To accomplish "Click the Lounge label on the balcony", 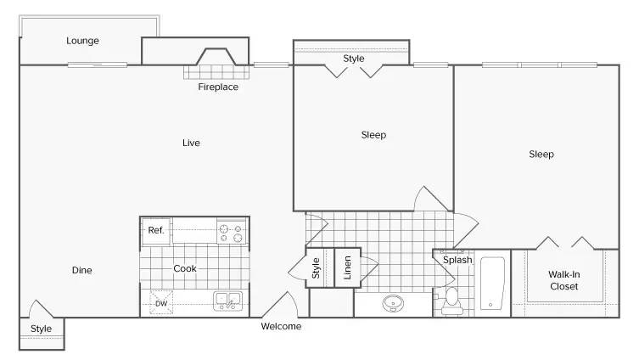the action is point(82,41).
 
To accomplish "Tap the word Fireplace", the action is point(218,87).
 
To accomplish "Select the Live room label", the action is point(191,143).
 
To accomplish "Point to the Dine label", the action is point(82,270).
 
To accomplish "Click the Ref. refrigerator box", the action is point(156,231).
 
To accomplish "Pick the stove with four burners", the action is point(231,233).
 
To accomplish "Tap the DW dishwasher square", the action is point(161,302).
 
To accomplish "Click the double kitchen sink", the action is point(227,301).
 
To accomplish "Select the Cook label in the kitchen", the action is point(185,268).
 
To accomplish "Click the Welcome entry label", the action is point(281,326).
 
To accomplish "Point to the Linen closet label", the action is point(347,267).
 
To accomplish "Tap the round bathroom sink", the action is point(393,303).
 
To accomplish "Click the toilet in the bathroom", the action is point(452,301).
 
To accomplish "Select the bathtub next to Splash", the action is point(492,284).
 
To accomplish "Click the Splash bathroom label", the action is point(457,260).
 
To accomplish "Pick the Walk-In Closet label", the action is point(564,280).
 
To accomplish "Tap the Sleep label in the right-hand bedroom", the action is point(541,155).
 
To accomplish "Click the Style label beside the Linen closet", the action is point(316,268).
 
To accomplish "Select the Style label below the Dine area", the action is point(42,329).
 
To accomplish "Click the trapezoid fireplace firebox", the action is point(216,57).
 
